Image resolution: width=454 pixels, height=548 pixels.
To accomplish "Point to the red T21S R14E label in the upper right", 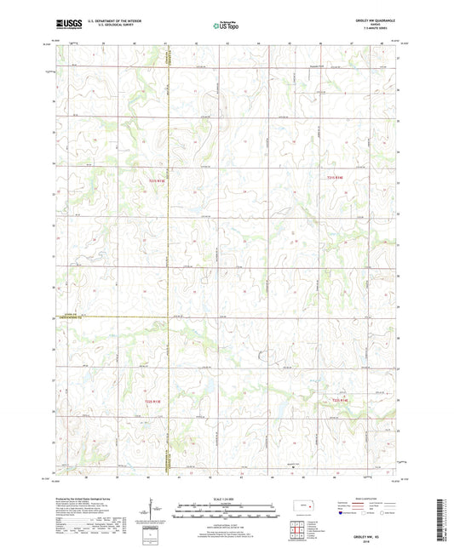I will pos(338,176).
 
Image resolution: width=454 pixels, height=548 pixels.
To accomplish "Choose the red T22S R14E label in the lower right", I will pos(341,400).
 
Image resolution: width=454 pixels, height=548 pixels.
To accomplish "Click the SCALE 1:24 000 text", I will pos(226,499).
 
